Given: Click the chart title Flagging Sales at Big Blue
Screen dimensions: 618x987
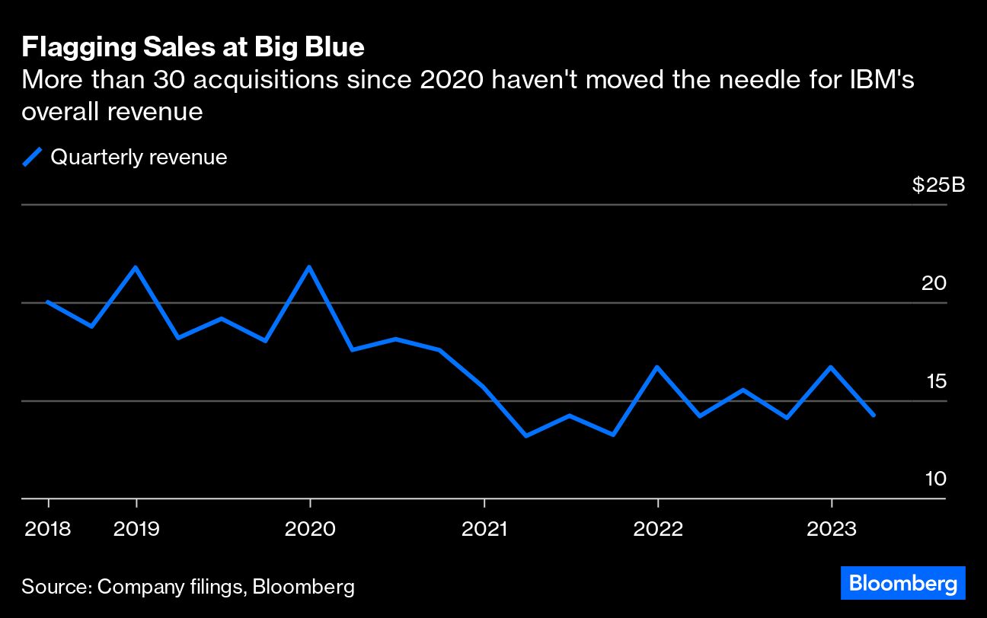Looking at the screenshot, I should point(193,48).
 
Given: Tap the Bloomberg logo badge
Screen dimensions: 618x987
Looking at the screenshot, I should point(903,584).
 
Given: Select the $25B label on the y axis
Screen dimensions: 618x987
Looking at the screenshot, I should point(938,185).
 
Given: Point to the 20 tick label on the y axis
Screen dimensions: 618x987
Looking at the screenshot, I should point(934,283).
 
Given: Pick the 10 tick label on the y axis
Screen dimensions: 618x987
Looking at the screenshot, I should point(934,479).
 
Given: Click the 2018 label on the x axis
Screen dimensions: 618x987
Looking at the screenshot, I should point(48,528).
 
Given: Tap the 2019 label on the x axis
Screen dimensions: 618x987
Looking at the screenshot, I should point(136,528).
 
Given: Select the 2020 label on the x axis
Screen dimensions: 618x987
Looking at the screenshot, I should point(310,528).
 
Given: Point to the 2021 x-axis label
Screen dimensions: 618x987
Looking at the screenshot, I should point(484,528).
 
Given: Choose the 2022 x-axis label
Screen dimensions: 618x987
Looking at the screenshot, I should point(658,528).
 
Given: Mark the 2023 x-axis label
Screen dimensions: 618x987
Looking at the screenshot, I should point(832,528).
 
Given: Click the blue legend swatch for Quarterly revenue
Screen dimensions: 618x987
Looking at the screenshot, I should point(32,158).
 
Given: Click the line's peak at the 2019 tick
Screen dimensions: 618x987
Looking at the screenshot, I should point(136,267).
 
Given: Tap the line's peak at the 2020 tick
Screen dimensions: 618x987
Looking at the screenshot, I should point(309,267).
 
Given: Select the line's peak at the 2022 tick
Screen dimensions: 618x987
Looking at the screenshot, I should point(657,367).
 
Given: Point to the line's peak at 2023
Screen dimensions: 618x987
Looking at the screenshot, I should point(831,367).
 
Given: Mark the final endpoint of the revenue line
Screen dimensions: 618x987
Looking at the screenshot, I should point(874,416).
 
